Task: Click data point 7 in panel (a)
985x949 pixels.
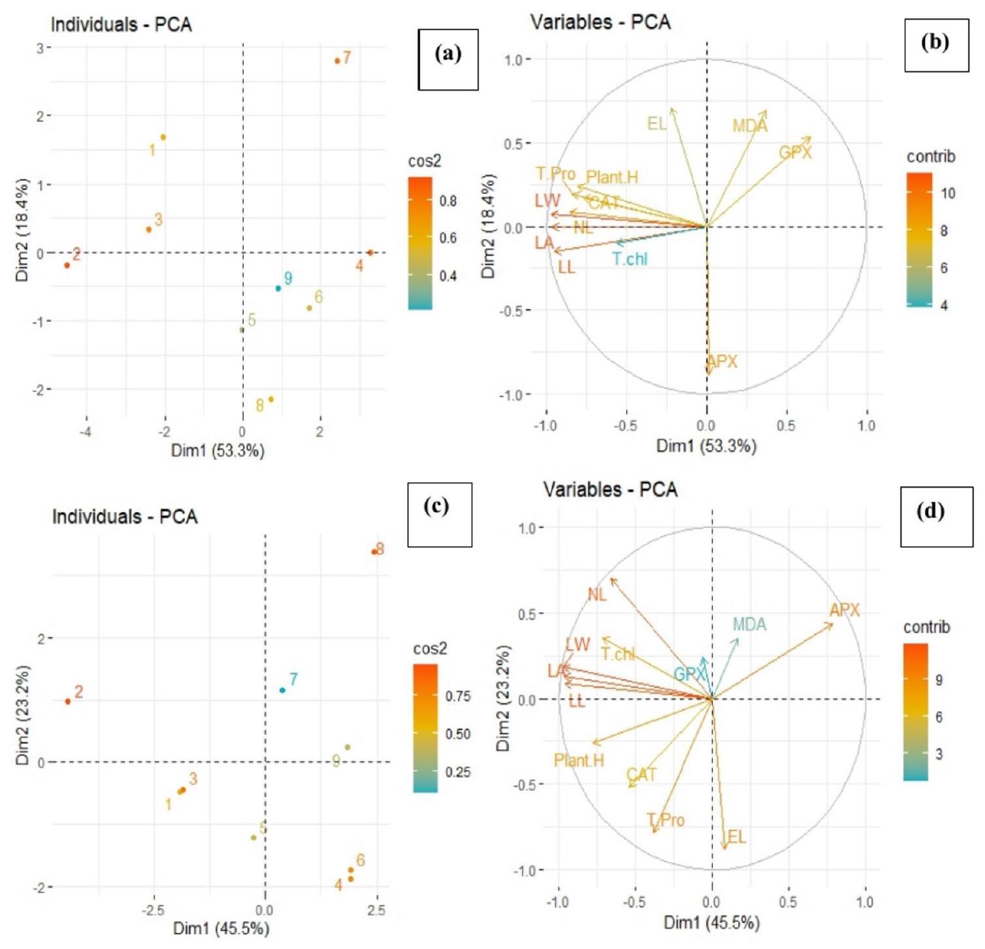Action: pyautogui.click(x=337, y=61)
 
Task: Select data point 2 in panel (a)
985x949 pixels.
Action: pyautogui.click(x=67, y=265)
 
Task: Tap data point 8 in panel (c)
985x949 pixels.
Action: pyautogui.click(x=374, y=552)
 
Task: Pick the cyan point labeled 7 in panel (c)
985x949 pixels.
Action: pyautogui.click(x=282, y=690)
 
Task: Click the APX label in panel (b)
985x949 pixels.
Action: pyautogui.click(x=722, y=362)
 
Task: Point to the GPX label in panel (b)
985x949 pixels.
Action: pyautogui.click(x=795, y=153)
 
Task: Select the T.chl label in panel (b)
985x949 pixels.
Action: pyautogui.click(x=630, y=259)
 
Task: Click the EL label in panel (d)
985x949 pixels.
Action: pyautogui.click(x=736, y=837)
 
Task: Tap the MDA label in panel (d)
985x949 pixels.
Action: pyautogui.click(x=749, y=624)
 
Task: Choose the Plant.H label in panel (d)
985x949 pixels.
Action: pyautogui.click(x=579, y=760)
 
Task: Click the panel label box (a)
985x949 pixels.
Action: pyautogui.click(x=448, y=59)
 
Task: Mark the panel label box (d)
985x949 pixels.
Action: pyautogui.click(x=932, y=516)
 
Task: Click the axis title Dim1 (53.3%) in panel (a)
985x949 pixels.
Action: pyautogui.click(x=218, y=451)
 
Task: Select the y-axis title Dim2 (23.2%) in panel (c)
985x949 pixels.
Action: pyautogui.click(x=24, y=715)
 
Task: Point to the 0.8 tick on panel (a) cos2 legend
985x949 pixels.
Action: pyautogui.click(x=448, y=201)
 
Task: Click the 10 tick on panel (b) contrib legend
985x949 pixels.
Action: pyautogui.click(x=947, y=193)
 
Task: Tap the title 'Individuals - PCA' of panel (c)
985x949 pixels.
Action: pyautogui.click(x=125, y=517)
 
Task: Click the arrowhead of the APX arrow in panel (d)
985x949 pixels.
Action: pyautogui.click(x=833, y=625)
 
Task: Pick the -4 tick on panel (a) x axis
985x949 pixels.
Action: pyautogui.click(x=85, y=432)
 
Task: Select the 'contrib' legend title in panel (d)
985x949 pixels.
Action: pyautogui.click(x=926, y=627)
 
